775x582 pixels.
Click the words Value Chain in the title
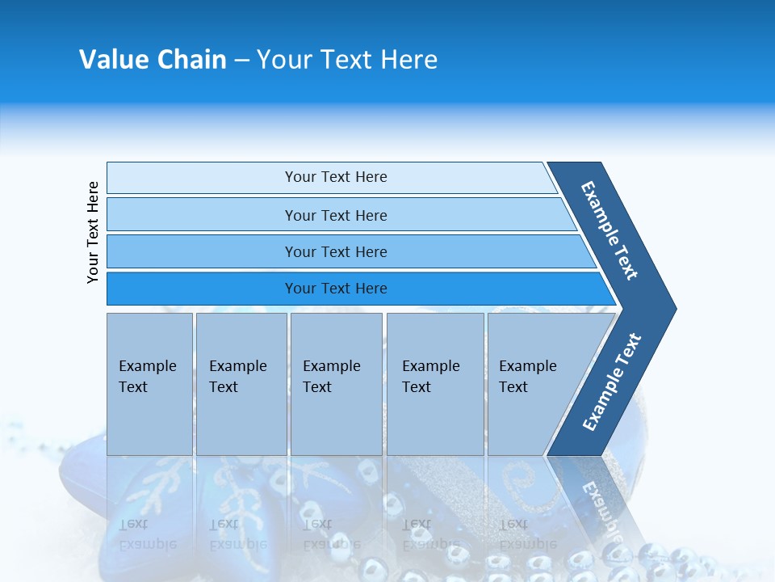(x=153, y=60)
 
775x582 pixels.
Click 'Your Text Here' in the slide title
(x=347, y=60)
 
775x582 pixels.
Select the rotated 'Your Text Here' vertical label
(x=93, y=232)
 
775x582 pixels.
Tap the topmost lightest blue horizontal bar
(x=202, y=177)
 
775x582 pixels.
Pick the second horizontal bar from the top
(x=202, y=215)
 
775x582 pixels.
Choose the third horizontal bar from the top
(x=202, y=251)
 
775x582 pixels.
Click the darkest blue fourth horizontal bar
(x=202, y=289)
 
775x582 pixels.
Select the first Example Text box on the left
(x=149, y=420)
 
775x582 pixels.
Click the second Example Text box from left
(x=241, y=420)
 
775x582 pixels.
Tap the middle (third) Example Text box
(x=336, y=420)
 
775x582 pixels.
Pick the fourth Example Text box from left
(x=435, y=420)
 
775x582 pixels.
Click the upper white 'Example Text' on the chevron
(x=610, y=230)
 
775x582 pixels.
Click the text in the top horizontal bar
(x=336, y=177)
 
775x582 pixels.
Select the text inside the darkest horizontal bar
(x=336, y=289)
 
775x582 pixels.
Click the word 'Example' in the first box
(x=147, y=366)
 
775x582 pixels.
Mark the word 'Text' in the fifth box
(x=513, y=387)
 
